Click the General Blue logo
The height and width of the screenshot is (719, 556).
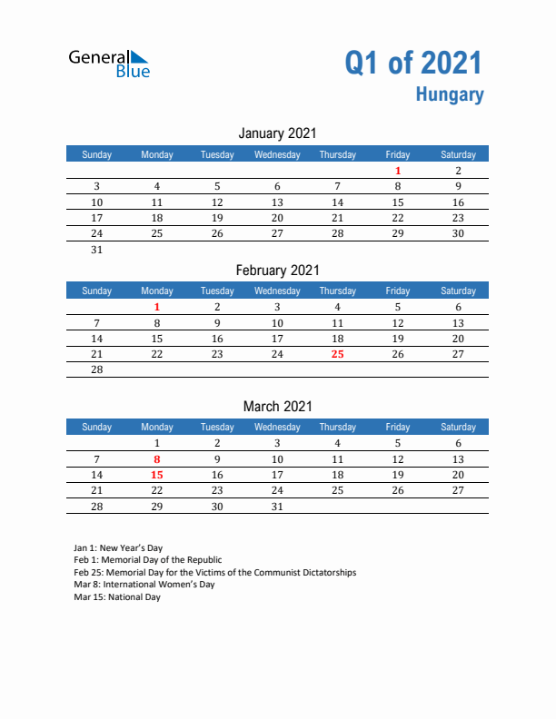pyautogui.click(x=109, y=63)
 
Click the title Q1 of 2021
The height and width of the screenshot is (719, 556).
pyautogui.click(x=413, y=63)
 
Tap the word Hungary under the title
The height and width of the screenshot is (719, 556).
pyautogui.click(x=450, y=94)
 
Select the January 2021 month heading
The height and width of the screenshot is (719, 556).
pyautogui.click(x=277, y=133)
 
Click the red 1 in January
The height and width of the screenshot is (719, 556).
pyautogui.click(x=398, y=171)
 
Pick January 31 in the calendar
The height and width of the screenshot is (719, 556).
pyautogui.click(x=97, y=250)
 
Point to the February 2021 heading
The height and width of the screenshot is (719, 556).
pyautogui.click(x=277, y=270)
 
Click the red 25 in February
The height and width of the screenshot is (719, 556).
pyautogui.click(x=337, y=354)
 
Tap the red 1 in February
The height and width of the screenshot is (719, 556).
pyautogui.click(x=157, y=307)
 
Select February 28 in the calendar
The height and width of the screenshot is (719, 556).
pyautogui.click(x=97, y=370)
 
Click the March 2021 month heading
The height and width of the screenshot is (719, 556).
pyautogui.click(x=277, y=406)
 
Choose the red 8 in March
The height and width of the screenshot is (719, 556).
pyautogui.click(x=157, y=459)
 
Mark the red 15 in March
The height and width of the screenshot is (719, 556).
pyautogui.click(x=157, y=475)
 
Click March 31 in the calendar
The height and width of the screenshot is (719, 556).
pyautogui.click(x=277, y=507)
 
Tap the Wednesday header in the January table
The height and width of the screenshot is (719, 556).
pyautogui.click(x=277, y=154)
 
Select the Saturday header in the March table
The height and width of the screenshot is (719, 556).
pyautogui.click(x=458, y=427)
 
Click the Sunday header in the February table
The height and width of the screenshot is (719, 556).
pyautogui.click(x=97, y=291)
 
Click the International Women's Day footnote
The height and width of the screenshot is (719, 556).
pyautogui.click(x=144, y=585)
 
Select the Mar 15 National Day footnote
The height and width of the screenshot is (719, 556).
pyautogui.click(x=116, y=597)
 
